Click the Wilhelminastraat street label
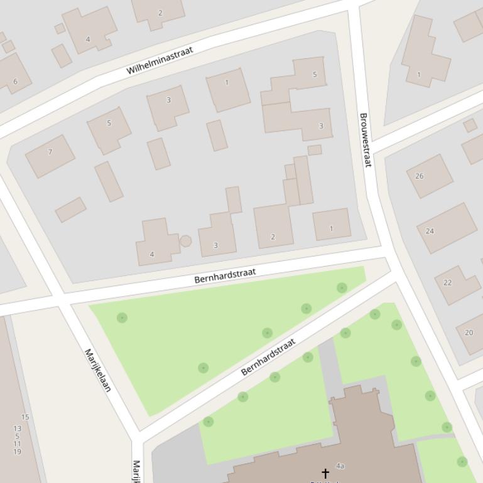click(x=160, y=60)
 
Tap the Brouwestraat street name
click(x=365, y=139)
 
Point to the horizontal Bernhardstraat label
click(x=225, y=275)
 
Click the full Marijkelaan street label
click(x=97, y=370)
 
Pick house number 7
click(x=50, y=152)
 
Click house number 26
click(x=419, y=176)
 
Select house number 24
click(x=430, y=231)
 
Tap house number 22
click(x=447, y=282)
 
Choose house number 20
click(x=469, y=332)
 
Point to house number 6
click(x=15, y=81)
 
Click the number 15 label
click(x=25, y=417)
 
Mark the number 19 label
click(x=17, y=452)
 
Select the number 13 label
click(x=17, y=428)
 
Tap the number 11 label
click(x=17, y=443)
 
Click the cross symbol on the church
click(x=325, y=472)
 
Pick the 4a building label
click(x=340, y=466)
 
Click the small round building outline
click(x=185, y=241)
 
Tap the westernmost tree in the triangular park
click(x=122, y=318)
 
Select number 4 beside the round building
click(x=151, y=255)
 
